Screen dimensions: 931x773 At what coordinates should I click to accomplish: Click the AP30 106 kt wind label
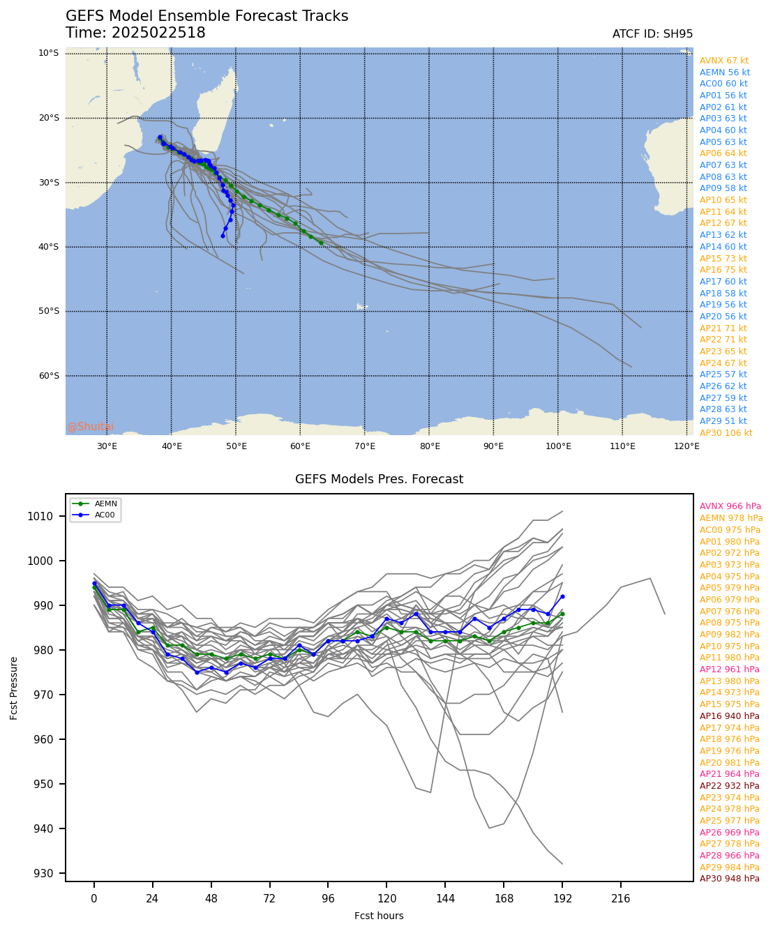click(x=726, y=433)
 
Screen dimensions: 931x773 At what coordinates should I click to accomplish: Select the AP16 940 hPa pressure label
click(x=729, y=716)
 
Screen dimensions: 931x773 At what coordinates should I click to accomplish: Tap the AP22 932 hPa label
click(x=729, y=786)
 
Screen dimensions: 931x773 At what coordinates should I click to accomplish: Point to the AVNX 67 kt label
click(x=723, y=61)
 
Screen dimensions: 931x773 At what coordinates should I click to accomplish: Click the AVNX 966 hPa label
click(x=730, y=506)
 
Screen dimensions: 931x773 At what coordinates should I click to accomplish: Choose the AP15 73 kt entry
click(x=723, y=259)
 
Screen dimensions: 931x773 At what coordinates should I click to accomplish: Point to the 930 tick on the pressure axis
click(x=52, y=873)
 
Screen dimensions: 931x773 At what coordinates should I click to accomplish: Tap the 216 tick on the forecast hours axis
click(x=620, y=899)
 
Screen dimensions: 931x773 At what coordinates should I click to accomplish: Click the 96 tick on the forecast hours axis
click(x=328, y=899)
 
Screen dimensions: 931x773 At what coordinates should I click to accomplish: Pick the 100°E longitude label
click(x=557, y=446)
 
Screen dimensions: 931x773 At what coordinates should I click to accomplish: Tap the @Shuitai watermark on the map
click(x=90, y=427)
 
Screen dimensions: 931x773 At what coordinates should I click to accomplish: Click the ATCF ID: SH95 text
click(x=652, y=34)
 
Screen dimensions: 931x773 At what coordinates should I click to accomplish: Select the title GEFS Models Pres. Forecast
click(x=379, y=479)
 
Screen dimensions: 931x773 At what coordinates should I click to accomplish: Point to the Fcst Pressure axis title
click(x=14, y=688)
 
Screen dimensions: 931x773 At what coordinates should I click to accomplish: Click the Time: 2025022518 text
click(x=135, y=33)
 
